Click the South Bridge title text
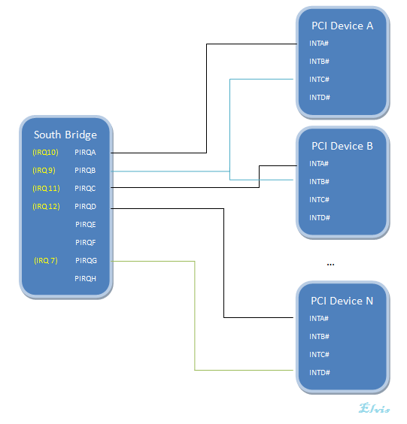65,135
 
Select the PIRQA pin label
85,153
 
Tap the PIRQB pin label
85,171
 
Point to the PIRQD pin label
85,207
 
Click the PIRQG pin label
86,261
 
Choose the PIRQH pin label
86,279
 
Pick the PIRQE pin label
86,225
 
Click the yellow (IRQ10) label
45,153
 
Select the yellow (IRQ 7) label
45,261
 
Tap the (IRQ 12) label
45,207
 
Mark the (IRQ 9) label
44,171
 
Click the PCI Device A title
342,26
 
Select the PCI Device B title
342,146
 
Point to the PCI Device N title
342,301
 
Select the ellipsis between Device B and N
330,265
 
